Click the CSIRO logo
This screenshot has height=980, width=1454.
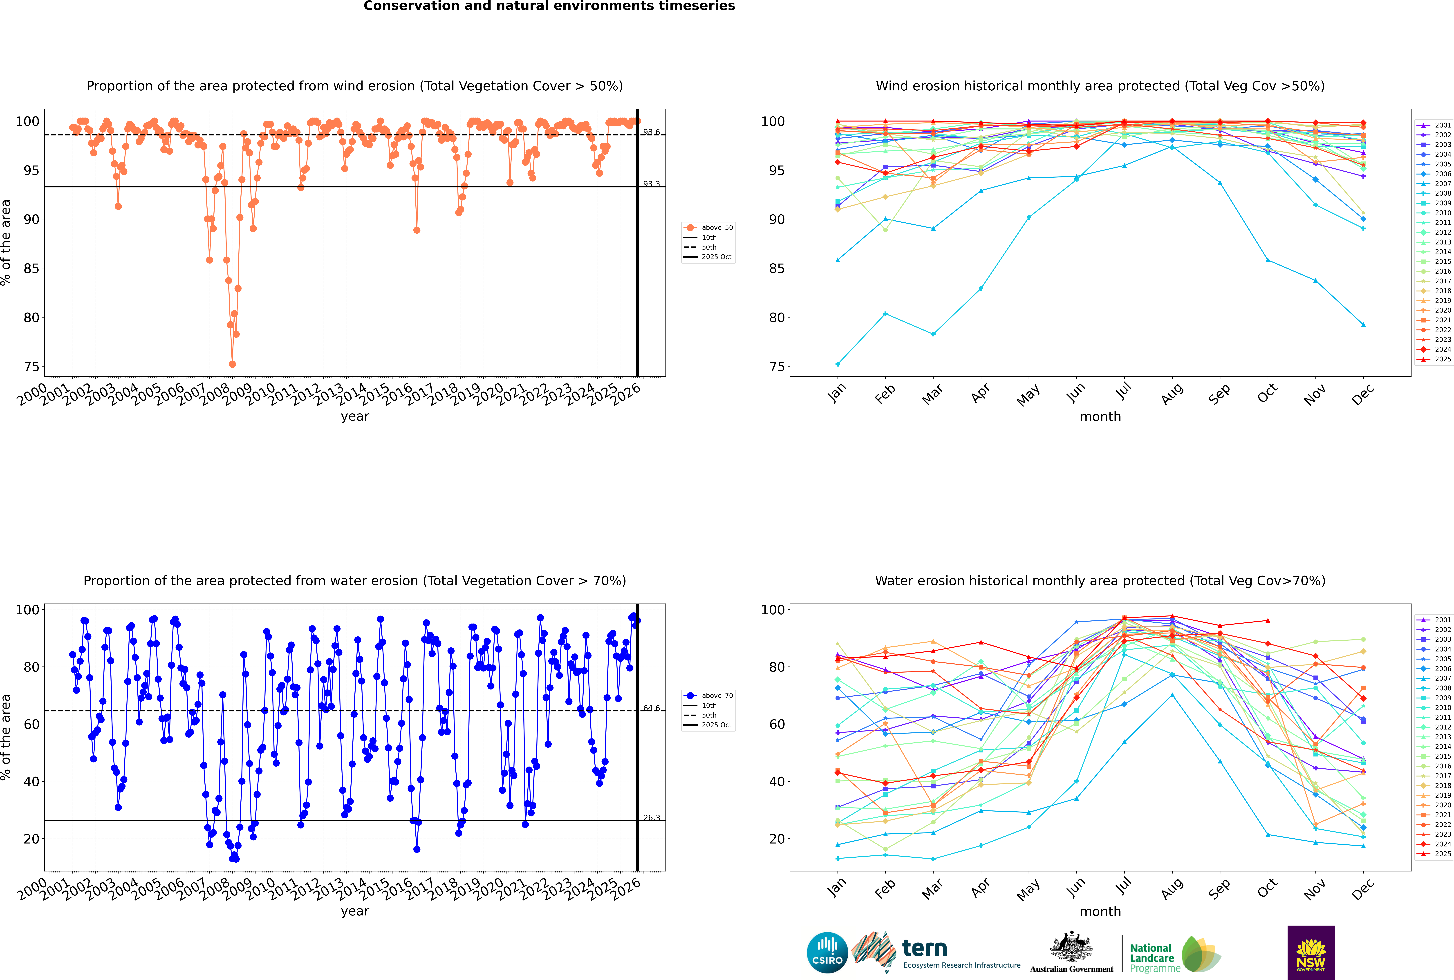coord(827,953)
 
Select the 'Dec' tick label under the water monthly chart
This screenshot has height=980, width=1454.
coord(1363,889)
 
